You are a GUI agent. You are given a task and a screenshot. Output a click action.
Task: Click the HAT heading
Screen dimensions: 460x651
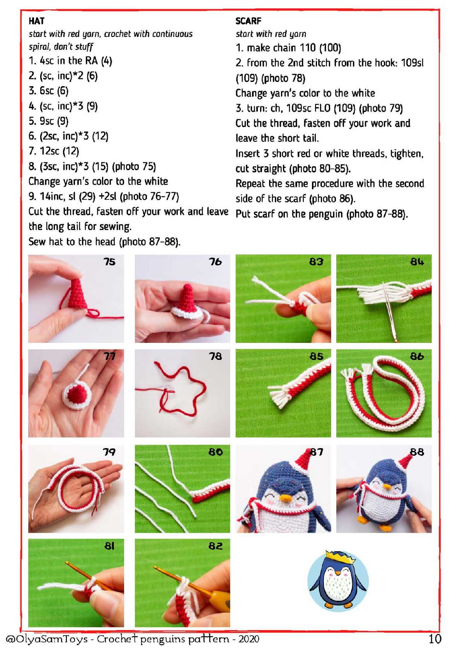(37, 21)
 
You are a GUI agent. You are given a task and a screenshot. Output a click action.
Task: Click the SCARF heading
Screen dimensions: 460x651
(248, 21)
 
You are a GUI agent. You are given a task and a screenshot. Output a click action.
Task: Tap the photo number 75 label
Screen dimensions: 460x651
(109, 262)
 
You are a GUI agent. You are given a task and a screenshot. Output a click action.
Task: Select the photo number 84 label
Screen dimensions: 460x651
(417, 262)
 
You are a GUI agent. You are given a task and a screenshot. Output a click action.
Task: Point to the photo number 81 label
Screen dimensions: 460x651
(109, 546)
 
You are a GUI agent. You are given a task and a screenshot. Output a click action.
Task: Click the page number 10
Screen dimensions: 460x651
(435, 639)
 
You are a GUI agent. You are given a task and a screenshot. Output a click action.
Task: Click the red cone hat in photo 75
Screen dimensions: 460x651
(77, 293)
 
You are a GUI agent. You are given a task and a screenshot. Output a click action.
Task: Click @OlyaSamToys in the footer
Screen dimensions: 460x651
(46, 639)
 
